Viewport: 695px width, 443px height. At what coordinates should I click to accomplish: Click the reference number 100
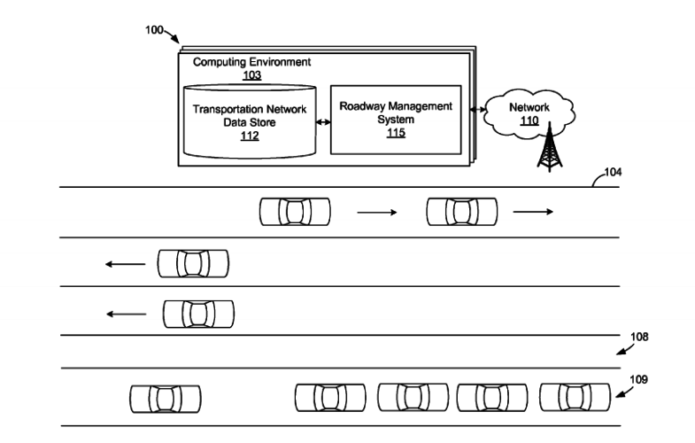(154, 30)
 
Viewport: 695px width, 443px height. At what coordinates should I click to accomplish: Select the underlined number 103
(251, 75)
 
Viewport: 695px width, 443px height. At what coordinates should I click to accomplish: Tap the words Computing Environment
(251, 62)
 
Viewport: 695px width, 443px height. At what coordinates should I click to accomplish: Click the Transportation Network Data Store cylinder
(250, 121)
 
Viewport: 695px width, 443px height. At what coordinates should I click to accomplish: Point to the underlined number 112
(250, 136)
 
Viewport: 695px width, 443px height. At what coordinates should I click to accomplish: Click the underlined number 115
(396, 133)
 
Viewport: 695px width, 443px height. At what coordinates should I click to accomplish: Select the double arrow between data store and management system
(323, 122)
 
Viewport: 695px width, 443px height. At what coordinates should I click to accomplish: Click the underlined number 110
(529, 120)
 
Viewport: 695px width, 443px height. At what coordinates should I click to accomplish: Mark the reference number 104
(613, 172)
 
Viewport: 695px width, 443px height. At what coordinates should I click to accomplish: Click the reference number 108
(639, 337)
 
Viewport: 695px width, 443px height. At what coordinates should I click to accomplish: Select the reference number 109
(638, 379)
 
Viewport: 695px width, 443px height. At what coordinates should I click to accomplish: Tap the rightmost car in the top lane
(462, 212)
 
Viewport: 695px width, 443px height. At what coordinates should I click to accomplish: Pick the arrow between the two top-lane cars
(377, 213)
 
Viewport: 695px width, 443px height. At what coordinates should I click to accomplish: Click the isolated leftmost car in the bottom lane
(166, 399)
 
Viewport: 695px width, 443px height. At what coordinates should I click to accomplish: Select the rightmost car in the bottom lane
(575, 397)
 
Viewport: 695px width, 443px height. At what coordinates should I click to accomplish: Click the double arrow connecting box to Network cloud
(478, 109)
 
